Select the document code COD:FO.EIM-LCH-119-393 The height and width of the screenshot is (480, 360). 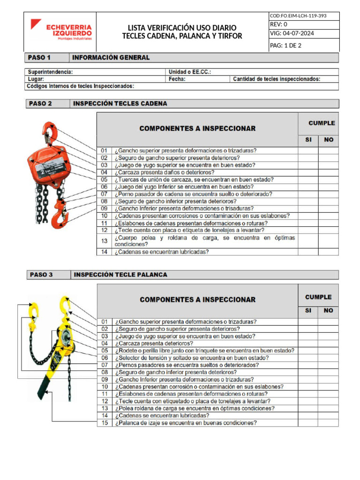tap(298, 15)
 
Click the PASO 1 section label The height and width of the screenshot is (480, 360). tap(39, 58)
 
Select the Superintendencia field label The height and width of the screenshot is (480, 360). tap(50, 72)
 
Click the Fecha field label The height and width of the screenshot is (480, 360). tap(177, 79)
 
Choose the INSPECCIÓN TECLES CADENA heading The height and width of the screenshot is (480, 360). tap(120, 104)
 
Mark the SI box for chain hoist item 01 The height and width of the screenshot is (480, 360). tap(308, 151)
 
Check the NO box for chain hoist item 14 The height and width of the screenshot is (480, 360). tap(328, 252)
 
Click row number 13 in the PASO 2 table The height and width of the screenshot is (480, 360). tap(104, 241)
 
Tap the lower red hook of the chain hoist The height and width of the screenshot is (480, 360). tap(60, 217)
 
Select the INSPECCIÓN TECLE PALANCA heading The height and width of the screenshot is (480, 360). tap(120, 275)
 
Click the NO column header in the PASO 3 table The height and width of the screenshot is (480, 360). tap(328, 310)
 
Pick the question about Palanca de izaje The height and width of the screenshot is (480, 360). tap(186, 423)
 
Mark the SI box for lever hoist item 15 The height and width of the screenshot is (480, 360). tap(308, 423)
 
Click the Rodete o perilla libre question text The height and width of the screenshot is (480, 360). tap(204, 351)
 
